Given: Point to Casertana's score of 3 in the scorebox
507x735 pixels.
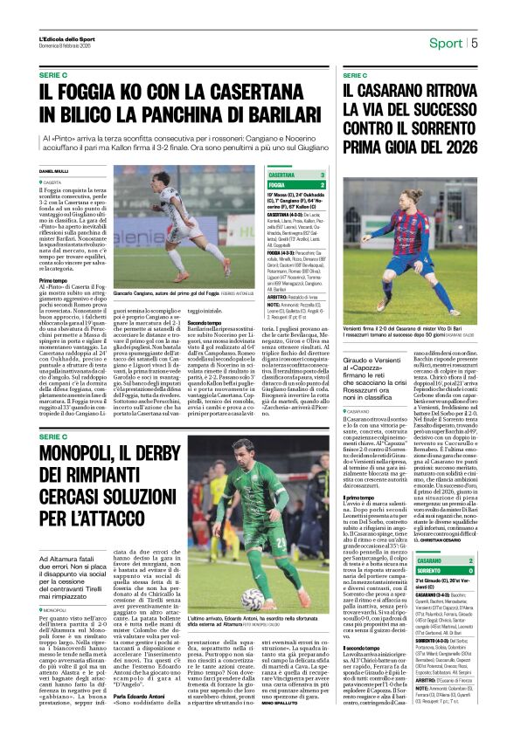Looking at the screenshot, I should [323, 175].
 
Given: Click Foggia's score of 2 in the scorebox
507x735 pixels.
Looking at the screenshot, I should [323, 185].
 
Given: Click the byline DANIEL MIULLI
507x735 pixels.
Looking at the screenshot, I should [53, 171].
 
